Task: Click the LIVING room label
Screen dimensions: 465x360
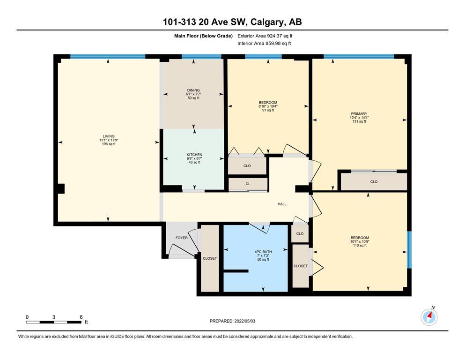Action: click(x=109, y=136)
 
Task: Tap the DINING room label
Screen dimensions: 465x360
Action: click(x=193, y=90)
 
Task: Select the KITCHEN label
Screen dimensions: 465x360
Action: click(x=194, y=155)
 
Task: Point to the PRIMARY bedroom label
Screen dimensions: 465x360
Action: click(x=359, y=113)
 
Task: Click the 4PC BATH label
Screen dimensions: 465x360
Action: click(x=263, y=252)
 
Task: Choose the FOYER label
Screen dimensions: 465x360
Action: click(x=182, y=238)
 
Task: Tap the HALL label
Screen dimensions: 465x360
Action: click(x=282, y=204)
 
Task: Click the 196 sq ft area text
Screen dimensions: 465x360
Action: click(x=109, y=144)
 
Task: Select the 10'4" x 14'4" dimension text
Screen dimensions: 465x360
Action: click(x=359, y=118)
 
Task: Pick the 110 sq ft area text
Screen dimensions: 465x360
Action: click(x=360, y=246)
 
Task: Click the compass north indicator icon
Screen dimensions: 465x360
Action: click(x=429, y=317)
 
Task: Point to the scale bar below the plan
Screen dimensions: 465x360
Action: click(x=54, y=322)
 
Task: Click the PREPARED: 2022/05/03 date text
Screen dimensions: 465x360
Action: click(x=232, y=321)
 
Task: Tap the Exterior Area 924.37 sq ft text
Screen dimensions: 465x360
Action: click(x=265, y=36)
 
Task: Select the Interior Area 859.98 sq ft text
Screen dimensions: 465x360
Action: click(x=264, y=43)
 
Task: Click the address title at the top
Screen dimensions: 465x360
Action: click(x=232, y=22)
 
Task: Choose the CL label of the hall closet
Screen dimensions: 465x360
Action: click(x=248, y=184)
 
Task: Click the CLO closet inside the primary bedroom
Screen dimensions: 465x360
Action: click(x=374, y=181)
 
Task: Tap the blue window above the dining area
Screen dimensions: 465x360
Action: click(x=201, y=56)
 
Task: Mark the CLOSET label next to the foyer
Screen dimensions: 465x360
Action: click(x=210, y=258)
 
